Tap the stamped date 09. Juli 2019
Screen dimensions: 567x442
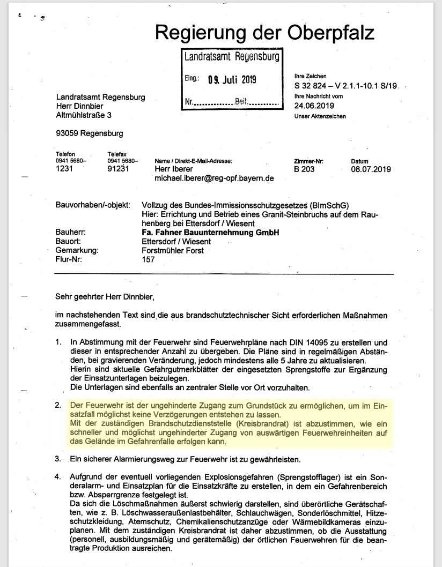(232, 80)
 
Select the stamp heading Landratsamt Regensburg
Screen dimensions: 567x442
(232, 57)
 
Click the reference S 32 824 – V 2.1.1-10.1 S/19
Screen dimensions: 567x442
(345, 86)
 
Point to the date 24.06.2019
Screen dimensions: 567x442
(314, 106)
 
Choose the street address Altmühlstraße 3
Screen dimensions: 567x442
(85, 115)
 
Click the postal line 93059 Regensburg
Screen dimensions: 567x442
(90, 133)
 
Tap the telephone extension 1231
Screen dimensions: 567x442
(64, 169)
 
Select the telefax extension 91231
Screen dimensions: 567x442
(119, 169)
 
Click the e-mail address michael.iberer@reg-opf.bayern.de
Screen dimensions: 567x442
(215, 178)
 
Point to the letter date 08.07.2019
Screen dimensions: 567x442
(371, 169)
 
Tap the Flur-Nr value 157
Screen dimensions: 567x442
(148, 259)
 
